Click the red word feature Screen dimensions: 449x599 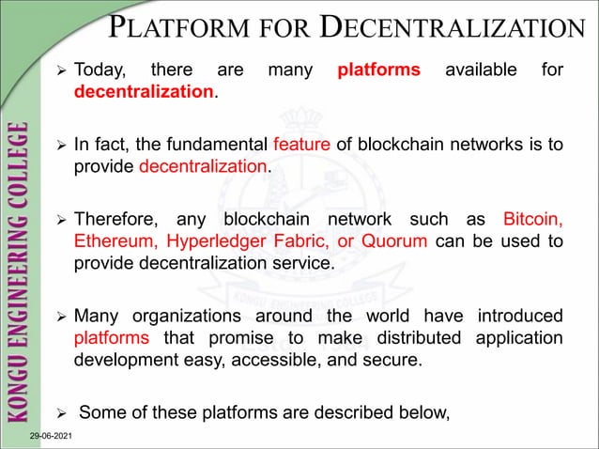pos(297,146)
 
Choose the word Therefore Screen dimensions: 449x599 pos(116,220)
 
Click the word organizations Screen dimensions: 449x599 pos(199,316)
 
